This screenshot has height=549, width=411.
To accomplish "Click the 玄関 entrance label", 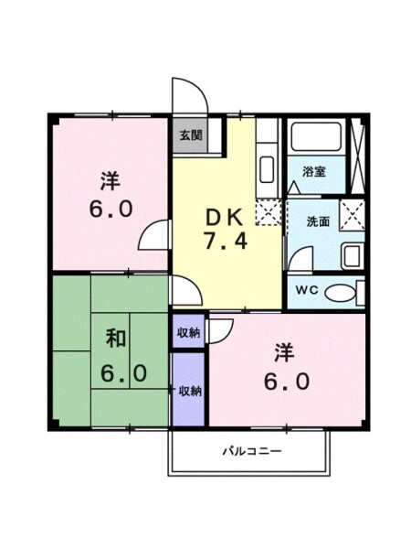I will [x=190, y=135].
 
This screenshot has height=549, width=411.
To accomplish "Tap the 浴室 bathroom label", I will [x=315, y=171].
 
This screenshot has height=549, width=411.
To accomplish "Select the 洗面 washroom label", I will [x=317, y=220].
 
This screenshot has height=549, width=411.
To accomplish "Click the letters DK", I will [x=222, y=218].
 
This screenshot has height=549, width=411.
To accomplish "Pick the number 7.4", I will [x=222, y=243].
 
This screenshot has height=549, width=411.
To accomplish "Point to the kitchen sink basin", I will [x=267, y=169].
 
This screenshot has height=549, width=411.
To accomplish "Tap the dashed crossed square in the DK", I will [x=267, y=213].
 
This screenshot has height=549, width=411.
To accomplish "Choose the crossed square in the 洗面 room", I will [x=352, y=214].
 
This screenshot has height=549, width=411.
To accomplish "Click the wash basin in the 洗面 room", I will [x=352, y=255].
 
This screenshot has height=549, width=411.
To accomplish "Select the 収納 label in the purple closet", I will [x=190, y=390].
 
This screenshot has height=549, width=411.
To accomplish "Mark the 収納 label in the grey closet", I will [x=190, y=332].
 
